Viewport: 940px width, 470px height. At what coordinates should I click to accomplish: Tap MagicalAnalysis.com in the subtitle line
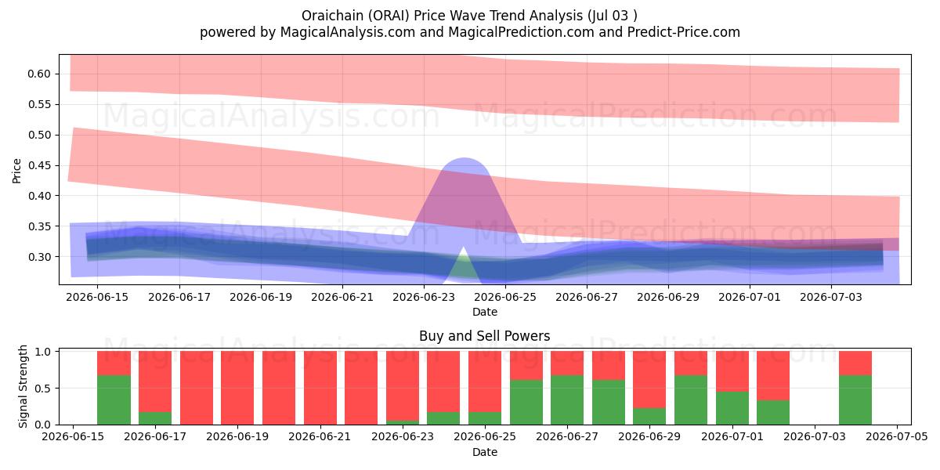(348, 32)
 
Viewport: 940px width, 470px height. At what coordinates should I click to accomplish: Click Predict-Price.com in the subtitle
(684, 32)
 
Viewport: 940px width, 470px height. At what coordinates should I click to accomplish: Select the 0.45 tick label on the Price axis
(39, 165)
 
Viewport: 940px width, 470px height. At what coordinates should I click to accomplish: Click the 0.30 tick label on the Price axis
(39, 257)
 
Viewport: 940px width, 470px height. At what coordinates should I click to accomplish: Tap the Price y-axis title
(16, 171)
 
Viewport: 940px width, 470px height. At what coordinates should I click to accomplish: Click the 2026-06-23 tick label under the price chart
(424, 297)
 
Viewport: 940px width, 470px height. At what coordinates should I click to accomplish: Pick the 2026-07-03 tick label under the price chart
(831, 297)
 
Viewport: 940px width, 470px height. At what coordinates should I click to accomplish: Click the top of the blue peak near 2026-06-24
(464, 158)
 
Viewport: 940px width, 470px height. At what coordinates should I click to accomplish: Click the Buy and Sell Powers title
(485, 336)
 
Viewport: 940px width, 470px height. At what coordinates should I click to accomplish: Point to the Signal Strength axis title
(23, 386)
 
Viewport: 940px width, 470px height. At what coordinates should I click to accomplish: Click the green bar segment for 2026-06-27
(567, 400)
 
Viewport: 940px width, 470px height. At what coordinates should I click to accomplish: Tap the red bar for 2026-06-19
(237, 388)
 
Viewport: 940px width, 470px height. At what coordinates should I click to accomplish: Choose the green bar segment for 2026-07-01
(732, 408)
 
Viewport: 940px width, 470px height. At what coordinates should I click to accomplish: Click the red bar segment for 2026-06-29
(649, 379)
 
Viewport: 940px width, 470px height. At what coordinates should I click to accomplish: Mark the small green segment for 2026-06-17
(155, 418)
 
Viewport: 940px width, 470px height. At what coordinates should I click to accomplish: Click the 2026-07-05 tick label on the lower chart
(897, 437)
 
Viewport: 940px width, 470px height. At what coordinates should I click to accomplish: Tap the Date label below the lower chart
(485, 453)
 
